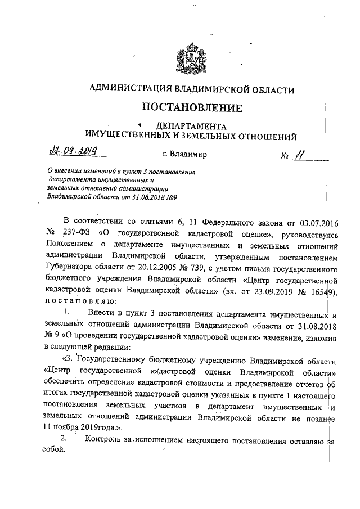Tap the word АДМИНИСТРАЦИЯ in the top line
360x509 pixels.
coord(128,89)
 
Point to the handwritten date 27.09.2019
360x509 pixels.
coord(70,151)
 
